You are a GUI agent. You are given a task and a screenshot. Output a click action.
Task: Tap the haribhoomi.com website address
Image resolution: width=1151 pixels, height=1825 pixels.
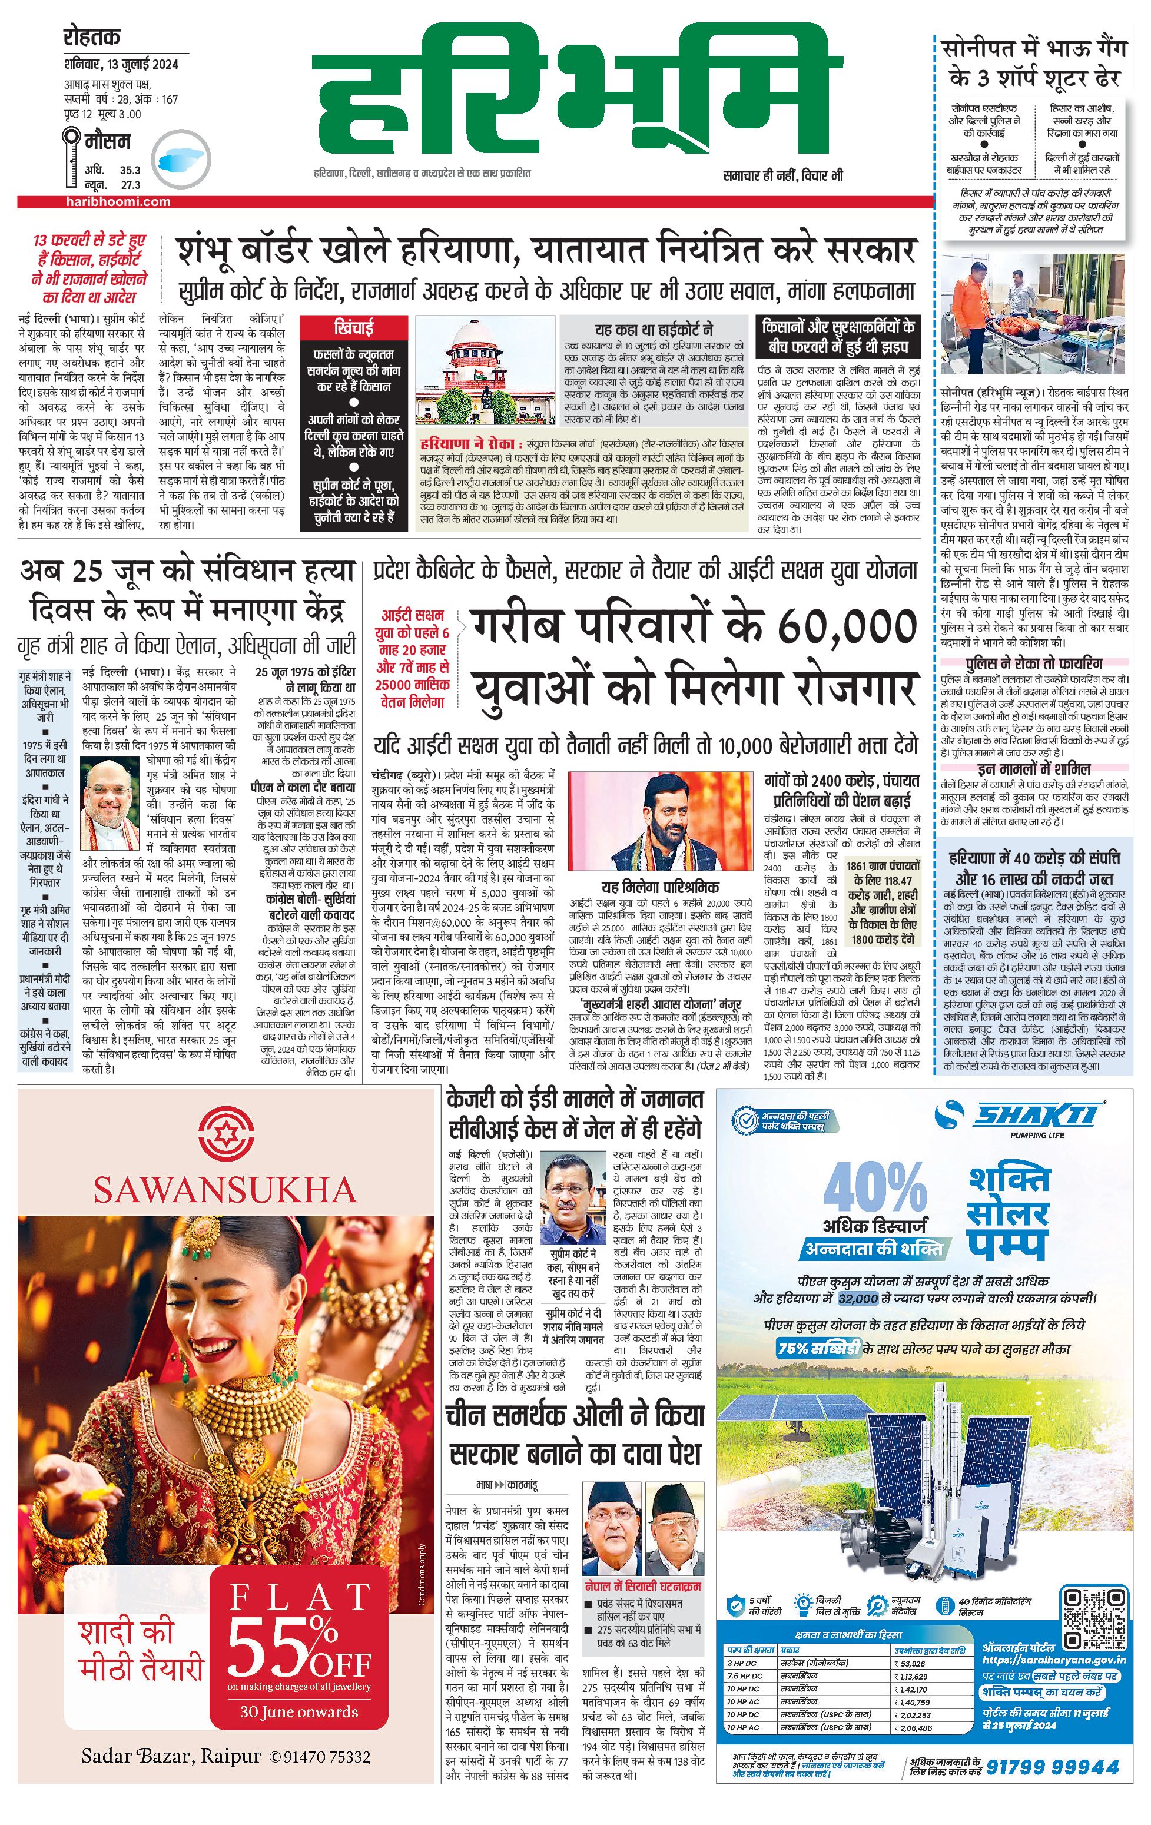(x=117, y=201)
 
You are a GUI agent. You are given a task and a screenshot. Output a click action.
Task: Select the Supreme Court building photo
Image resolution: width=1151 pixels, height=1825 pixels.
(x=486, y=372)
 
